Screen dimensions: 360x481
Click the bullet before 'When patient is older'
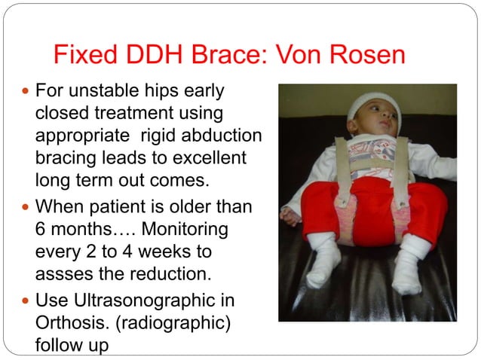[24, 205]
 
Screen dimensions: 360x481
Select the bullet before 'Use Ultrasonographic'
[24, 301]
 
